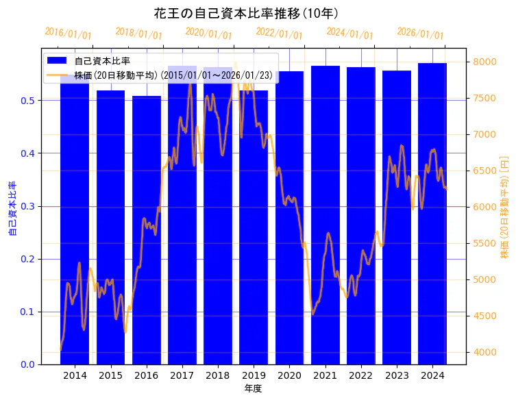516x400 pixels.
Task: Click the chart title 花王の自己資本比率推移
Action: tap(246, 13)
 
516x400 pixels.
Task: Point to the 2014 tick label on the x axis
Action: tap(75, 375)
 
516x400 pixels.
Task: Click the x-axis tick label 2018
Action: tap(218, 375)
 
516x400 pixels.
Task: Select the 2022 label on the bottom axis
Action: tap(361, 375)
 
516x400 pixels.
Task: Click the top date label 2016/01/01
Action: tap(68, 34)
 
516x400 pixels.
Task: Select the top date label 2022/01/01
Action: tap(279, 34)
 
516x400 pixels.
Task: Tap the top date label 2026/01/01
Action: tap(420, 34)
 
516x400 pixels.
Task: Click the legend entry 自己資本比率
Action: tap(102, 61)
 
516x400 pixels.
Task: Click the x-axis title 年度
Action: tap(253, 388)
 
